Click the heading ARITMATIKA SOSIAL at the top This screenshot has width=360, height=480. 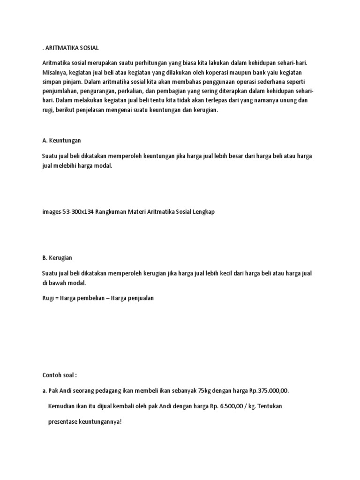click(72, 48)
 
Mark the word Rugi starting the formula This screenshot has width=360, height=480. click(48, 298)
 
